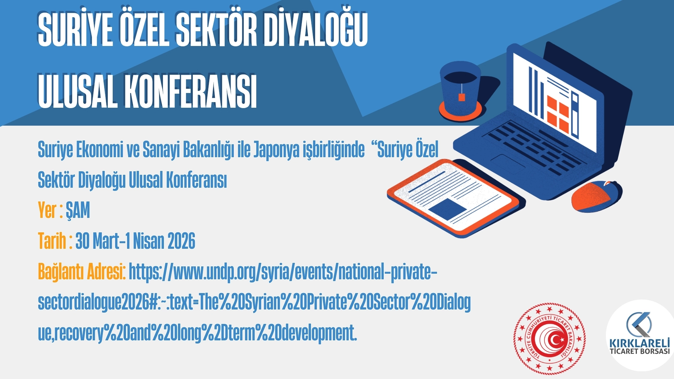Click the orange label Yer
pyautogui.click(x=47, y=210)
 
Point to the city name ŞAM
pyautogui.click(x=78, y=211)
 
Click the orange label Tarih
pyautogui.click(x=52, y=241)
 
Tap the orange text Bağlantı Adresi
pyautogui.click(x=81, y=272)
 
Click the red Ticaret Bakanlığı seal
pyautogui.click(x=549, y=339)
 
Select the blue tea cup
pyautogui.click(x=460, y=87)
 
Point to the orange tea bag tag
pyautogui.click(x=462, y=97)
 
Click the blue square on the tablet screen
pyautogui.click(x=447, y=208)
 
